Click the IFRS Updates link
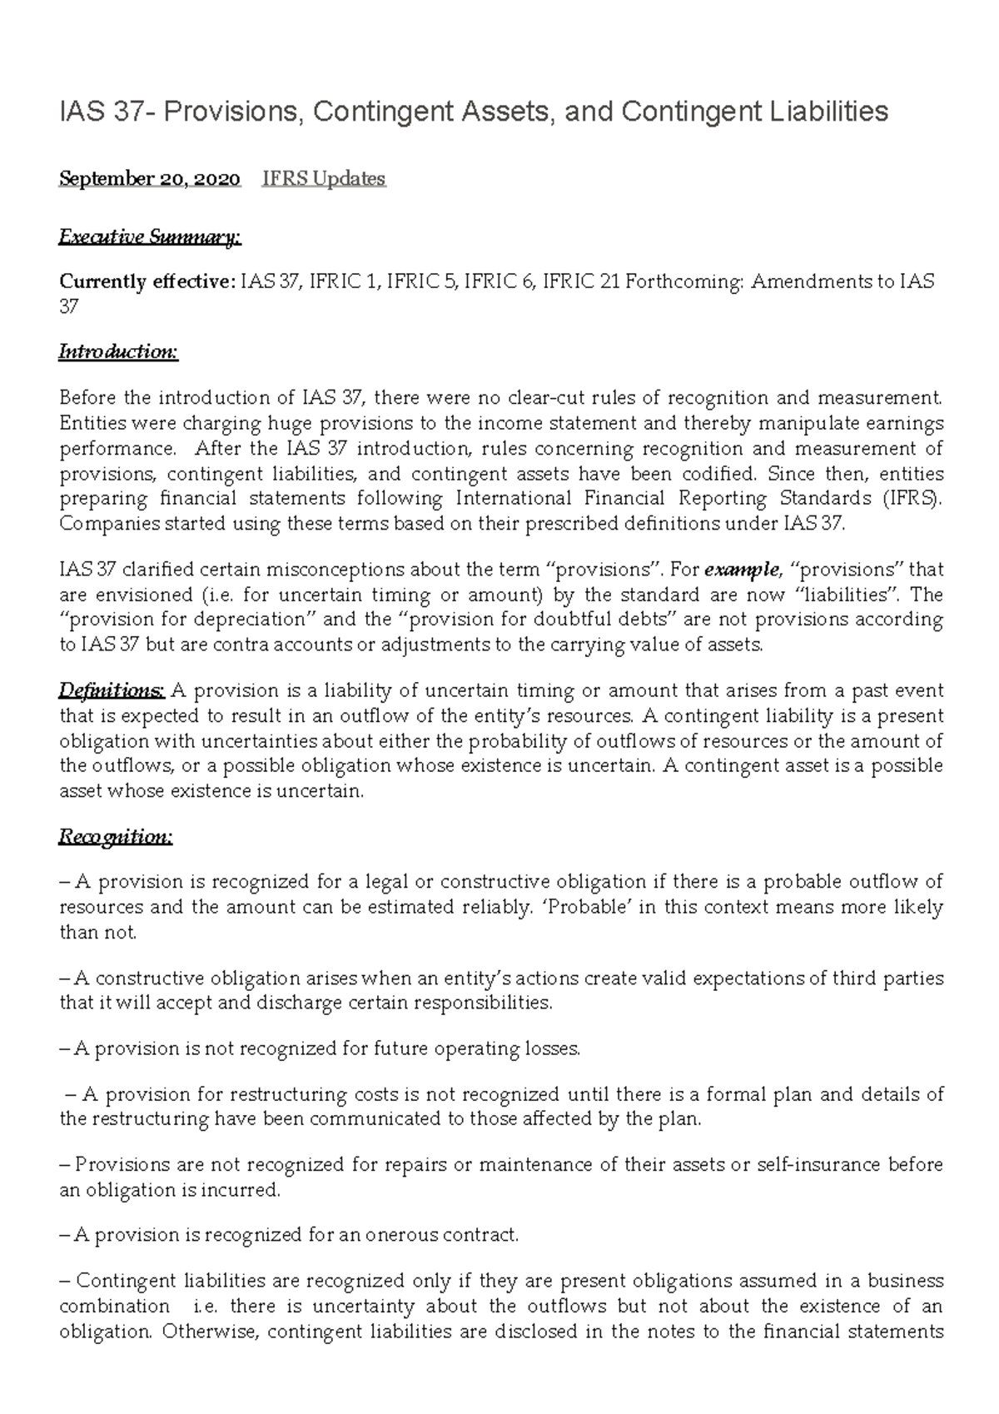pos(323,179)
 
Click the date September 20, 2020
pos(150,179)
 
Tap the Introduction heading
pos(118,351)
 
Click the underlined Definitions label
pos(112,690)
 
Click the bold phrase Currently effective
pos(147,281)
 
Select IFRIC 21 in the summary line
pos(581,281)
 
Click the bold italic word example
pos(742,570)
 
